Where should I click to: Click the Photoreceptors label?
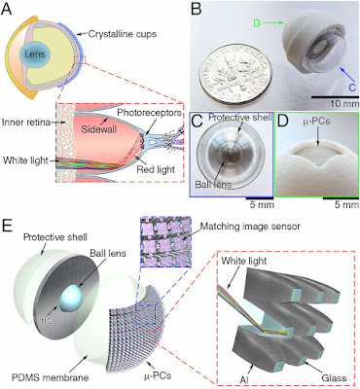[149, 113]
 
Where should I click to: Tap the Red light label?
[156, 169]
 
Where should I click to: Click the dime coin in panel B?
[235, 73]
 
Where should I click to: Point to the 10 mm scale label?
[344, 104]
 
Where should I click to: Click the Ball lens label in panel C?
[212, 184]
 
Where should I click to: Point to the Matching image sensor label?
[250, 227]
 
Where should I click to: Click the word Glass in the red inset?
[334, 377]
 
